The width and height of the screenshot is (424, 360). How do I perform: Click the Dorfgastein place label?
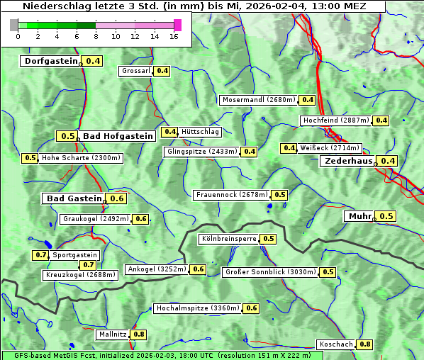(x=50, y=61)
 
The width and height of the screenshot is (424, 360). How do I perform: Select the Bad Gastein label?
(x=74, y=198)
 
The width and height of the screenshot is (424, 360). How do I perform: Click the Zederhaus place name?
(x=347, y=161)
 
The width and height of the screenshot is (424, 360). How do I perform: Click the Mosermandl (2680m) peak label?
(x=259, y=100)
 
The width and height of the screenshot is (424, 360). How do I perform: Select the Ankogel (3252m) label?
(x=156, y=269)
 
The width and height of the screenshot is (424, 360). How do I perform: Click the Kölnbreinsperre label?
(x=228, y=239)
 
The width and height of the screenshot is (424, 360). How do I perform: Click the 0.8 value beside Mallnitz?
(x=139, y=334)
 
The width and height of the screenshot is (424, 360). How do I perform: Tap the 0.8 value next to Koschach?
(x=364, y=344)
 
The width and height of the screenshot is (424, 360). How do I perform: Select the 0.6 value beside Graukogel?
(x=141, y=219)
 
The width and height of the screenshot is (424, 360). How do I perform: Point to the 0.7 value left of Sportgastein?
(x=40, y=254)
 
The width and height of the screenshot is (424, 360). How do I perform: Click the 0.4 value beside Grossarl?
(x=162, y=71)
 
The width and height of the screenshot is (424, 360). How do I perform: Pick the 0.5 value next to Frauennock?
(x=280, y=195)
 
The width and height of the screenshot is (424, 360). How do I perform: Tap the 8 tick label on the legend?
(x=96, y=36)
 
